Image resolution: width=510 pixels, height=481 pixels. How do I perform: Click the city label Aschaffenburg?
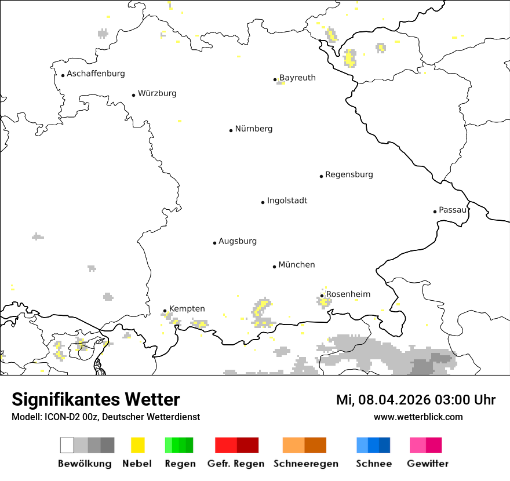(96, 74)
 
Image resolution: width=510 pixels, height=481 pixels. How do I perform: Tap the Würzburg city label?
(157, 93)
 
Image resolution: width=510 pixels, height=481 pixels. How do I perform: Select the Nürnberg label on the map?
(254, 129)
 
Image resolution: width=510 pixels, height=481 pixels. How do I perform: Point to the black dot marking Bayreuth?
(275, 79)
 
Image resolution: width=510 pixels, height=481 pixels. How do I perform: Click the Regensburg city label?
(349, 174)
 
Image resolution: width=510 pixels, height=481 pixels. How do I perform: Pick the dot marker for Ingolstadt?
(263, 202)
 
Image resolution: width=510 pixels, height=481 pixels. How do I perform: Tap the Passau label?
(453, 210)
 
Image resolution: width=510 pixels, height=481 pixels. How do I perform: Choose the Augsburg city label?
(238, 241)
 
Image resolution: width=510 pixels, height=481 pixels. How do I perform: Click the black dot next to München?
(275, 267)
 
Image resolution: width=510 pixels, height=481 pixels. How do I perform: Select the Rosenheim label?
(348, 294)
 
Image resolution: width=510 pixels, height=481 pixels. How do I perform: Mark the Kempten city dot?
(165, 311)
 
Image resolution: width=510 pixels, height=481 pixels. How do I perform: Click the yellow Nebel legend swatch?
(138, 445)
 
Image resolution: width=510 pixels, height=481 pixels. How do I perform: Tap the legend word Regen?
(179, 464)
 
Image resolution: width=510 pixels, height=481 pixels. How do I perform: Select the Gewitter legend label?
(428, 464)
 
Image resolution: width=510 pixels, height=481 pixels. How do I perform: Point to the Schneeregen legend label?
(306, 464)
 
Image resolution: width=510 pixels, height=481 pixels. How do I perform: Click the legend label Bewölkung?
(85, 464)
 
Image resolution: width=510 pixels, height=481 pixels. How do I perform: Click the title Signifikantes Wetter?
(96, 400)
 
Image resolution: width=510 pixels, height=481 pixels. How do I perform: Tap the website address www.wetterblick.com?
(418, 417)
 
